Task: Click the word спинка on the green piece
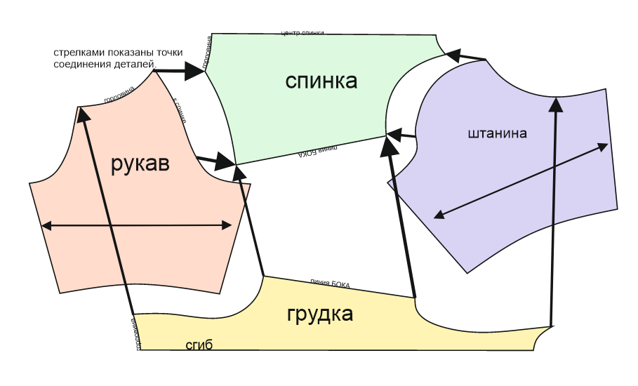click(x=321, y=81)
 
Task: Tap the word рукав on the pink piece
click(x=140, y=165)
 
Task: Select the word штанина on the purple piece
click(x=496, y=133)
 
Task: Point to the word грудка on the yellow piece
click(x=320, y=314)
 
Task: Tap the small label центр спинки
click(x=302, y=32)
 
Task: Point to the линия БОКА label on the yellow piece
click(x=330, y=284)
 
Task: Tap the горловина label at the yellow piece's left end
click(x=137, y=332)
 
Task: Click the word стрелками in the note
click(x=75, y=53)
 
